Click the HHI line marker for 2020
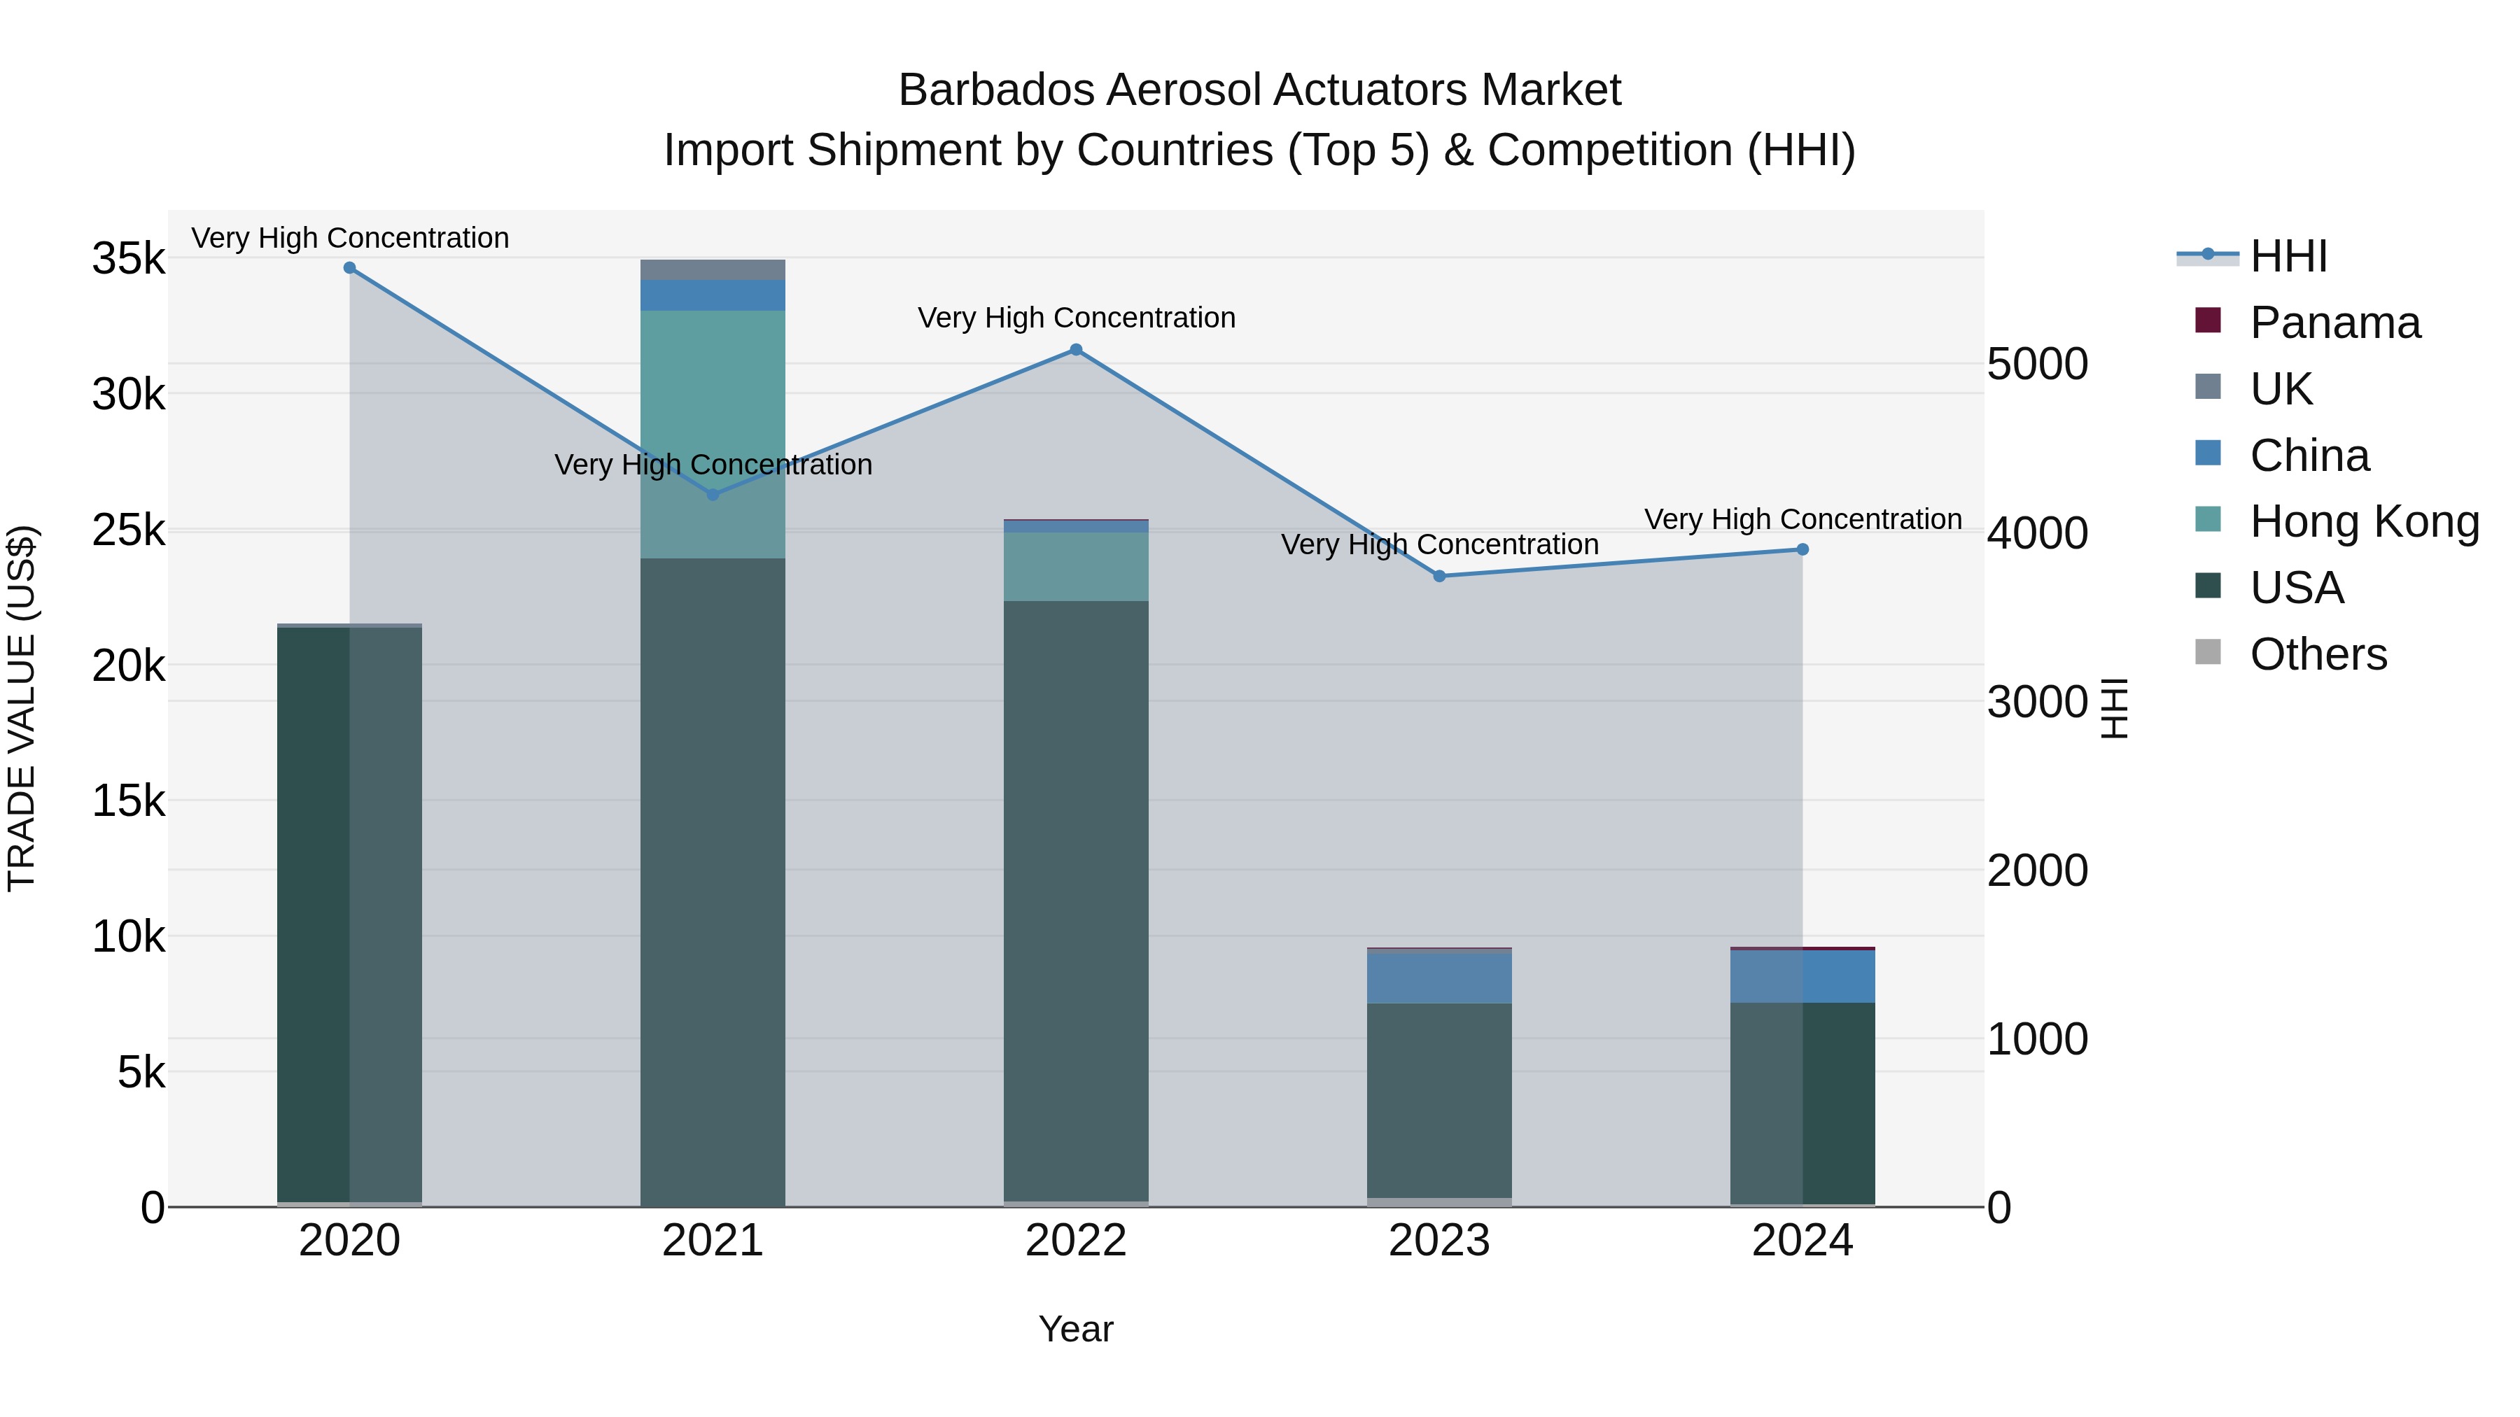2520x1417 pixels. (x=349, y=268)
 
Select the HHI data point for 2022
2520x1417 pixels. (x=1076, y=350)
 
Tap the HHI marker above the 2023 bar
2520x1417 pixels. (x=1439, y=576)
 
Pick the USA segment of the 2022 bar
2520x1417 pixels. (x=1076, y=900)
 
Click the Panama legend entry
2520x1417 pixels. (x=2334, y=323)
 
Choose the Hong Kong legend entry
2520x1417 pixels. (x=2363, y=521)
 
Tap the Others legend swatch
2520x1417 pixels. (x=2208, y=652)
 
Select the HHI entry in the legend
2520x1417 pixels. (x=2287, y=256)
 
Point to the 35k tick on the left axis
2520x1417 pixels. (x=128, y=259)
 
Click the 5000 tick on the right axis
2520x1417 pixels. (x=2038, y=364)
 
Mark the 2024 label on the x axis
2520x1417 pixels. (x=1802, y=1241)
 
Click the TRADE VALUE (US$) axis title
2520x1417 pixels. (x=22, y=708)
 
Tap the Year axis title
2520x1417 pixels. (x=1076, y=1329)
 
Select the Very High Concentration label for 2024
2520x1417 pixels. (x=1802, y=519)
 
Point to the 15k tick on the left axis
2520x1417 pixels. (x=128, y=801)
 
